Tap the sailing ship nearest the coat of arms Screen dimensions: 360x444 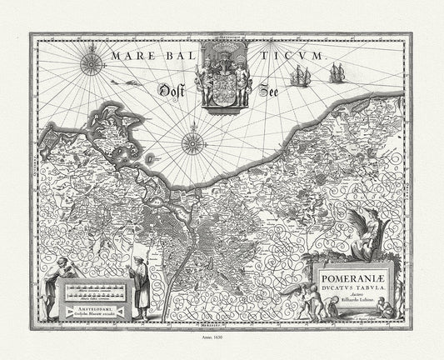pos(299,77)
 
